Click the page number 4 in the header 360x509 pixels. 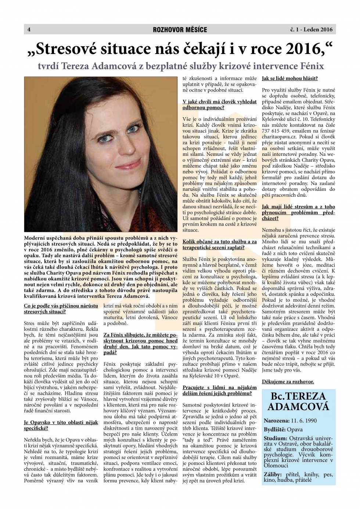(x=29, y=30)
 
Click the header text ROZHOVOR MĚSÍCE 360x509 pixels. (x=180, y=30)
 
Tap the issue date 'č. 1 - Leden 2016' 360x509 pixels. (x=311, y=30)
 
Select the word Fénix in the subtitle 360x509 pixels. (x=312, y=66)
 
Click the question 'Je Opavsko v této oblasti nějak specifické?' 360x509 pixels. (x=61, y=425)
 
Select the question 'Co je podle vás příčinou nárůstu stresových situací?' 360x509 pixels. (x=61, y=309)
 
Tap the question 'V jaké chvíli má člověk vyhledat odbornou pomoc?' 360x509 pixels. (x=219, y=105)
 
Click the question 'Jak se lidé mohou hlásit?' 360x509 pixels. (x=290, y=78)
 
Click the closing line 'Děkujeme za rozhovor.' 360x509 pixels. (x=288, y=381)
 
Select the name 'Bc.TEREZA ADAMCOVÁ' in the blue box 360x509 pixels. (x=298, y=401)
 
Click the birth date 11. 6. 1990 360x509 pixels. (x=304, y=421)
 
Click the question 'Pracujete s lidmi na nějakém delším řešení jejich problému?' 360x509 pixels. (x=219, y=390)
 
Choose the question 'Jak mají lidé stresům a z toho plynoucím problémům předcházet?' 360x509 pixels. (x=298, y=212)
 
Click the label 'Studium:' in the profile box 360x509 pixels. (x=276, y=438)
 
